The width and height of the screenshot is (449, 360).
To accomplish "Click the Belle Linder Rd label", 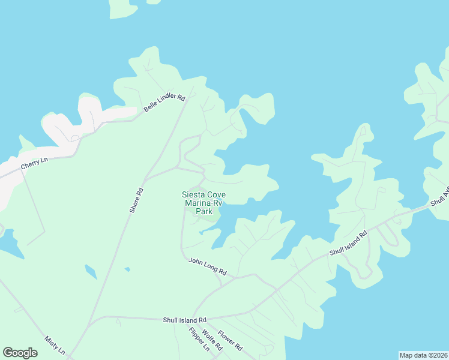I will click(x=164, y=103).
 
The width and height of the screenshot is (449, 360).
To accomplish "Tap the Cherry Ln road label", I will click(x=34, y=163).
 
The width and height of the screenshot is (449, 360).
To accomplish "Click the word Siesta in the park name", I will click(x=194, y=194).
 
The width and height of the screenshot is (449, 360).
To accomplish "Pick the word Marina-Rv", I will click(x=203, y=203).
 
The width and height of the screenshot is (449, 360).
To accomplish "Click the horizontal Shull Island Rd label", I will click(x=184, y=320).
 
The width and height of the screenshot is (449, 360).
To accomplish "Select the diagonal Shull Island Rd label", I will click(x=348, y=245).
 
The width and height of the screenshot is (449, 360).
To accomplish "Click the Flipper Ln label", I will click(x=199, y=339).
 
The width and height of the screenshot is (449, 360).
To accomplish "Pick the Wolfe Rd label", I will click(x=213, y=340).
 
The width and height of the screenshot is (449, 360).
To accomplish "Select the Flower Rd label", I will click(x=230, y=340).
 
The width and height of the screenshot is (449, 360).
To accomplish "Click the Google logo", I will click(x=20, y=352).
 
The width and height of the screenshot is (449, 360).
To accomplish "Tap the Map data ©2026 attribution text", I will click(x=423, y=355).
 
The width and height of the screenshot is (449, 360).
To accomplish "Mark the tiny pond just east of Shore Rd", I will click(x=127, y=269).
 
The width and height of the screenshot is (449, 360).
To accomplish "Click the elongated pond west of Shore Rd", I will click(x=90, y=272).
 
